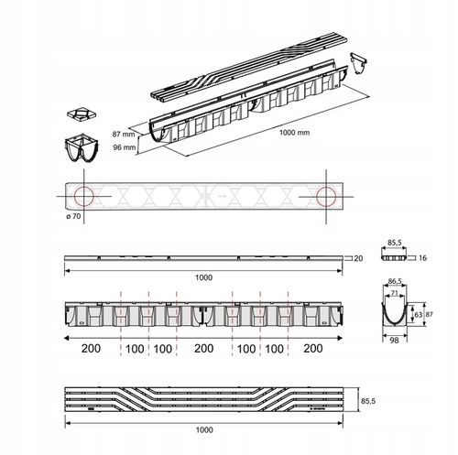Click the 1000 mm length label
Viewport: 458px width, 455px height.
click(x=294, y=133)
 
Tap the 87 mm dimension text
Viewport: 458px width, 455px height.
click(x=124, y=134)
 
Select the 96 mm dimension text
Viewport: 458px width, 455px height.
click(x=125, y=147)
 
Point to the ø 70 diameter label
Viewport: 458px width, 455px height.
click(x=73, y=216)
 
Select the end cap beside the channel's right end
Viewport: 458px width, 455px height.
click(x=358, y=63)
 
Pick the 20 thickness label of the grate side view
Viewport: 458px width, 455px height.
click(x=358, y=258)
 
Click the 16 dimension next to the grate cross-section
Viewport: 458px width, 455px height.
click(x=422, y=258)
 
